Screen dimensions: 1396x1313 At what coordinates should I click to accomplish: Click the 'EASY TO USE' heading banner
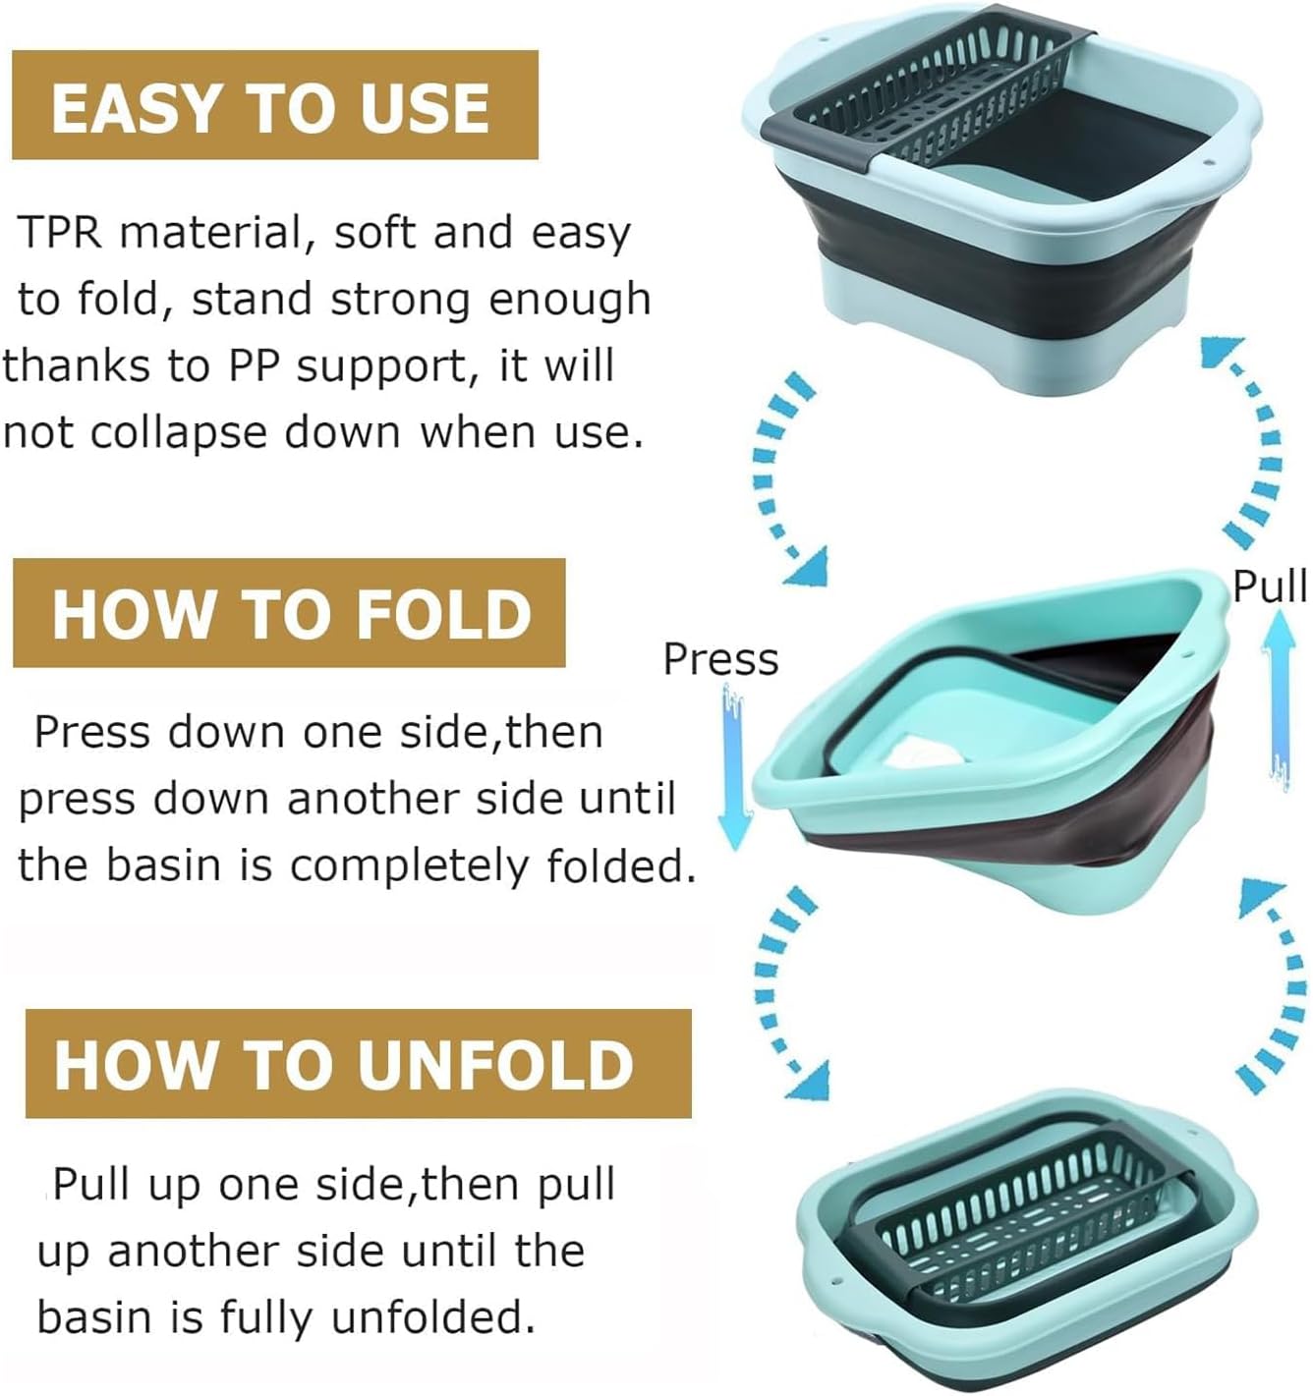(274, 106)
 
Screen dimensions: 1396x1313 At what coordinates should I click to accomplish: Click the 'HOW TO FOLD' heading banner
(289, 614)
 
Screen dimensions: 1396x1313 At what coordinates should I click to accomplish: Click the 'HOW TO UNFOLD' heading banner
(358, 1064)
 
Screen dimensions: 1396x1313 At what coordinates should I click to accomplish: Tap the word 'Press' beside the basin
(720, 659)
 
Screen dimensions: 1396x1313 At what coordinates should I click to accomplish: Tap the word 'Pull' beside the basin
(1270, 586)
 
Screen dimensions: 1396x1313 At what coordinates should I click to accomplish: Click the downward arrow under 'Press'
(733, 766)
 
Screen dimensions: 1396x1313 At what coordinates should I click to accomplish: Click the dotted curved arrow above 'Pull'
(1253, 442)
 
